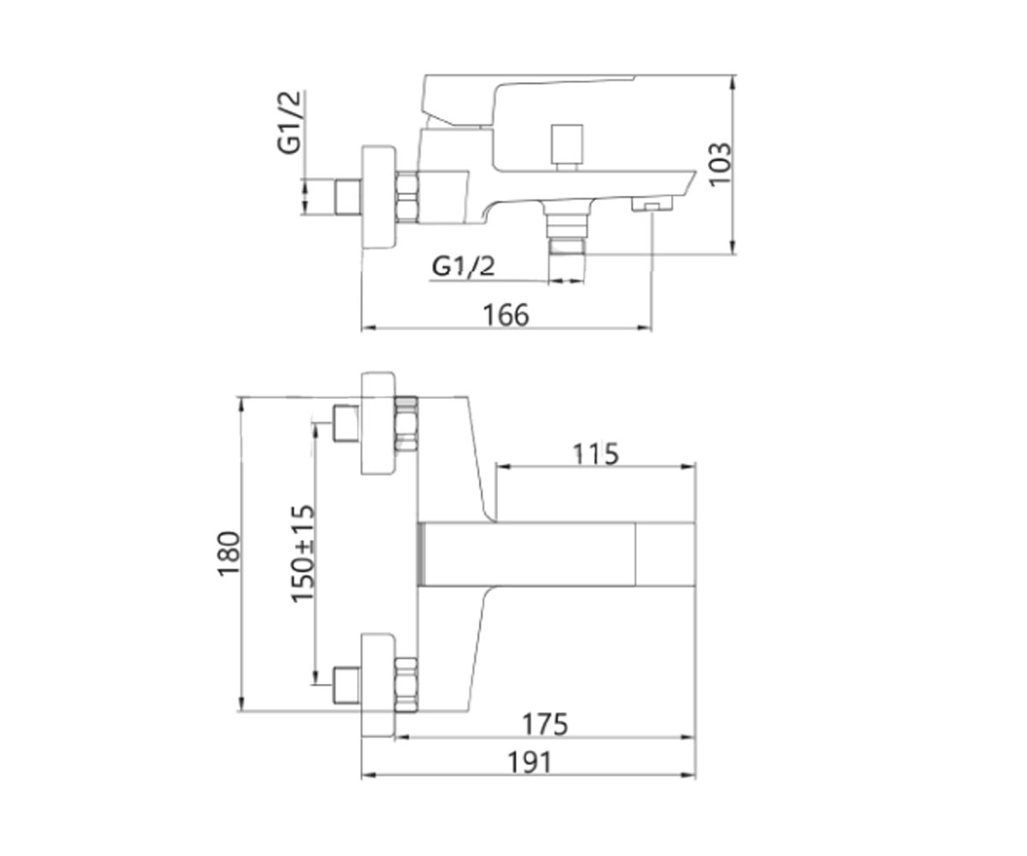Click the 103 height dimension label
[x=721, y=163]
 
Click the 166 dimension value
[x=506, y=315]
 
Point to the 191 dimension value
[x=530, y=763]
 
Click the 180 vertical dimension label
[x=229, y=554]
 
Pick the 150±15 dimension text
[x=302, y=554]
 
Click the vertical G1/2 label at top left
[x=288, y=122]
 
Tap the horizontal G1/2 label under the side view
[x=463, y=266]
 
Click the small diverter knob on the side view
[x=567, y=146]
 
